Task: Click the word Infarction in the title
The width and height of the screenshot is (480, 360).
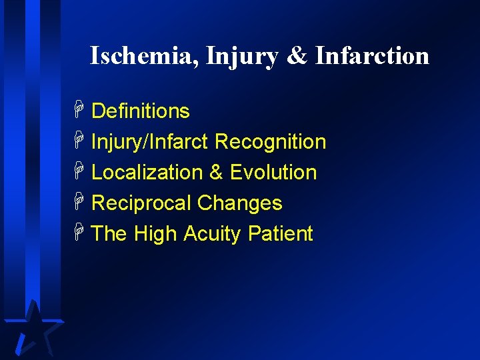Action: click(x=372, y=56)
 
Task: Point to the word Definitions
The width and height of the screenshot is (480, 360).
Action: click(x=140, y=111)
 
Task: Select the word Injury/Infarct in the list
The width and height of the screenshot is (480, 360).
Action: click(x=151, y=142)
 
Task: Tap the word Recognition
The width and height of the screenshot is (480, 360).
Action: click(x=271, y=142)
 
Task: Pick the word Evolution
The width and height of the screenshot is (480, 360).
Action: click(x=273, y=173)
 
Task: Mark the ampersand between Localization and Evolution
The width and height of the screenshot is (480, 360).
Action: click(x=216, y=173)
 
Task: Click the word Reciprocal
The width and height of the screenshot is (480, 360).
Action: click(x=141, y=203)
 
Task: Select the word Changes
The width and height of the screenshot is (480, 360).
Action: click(x=240, y=203)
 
